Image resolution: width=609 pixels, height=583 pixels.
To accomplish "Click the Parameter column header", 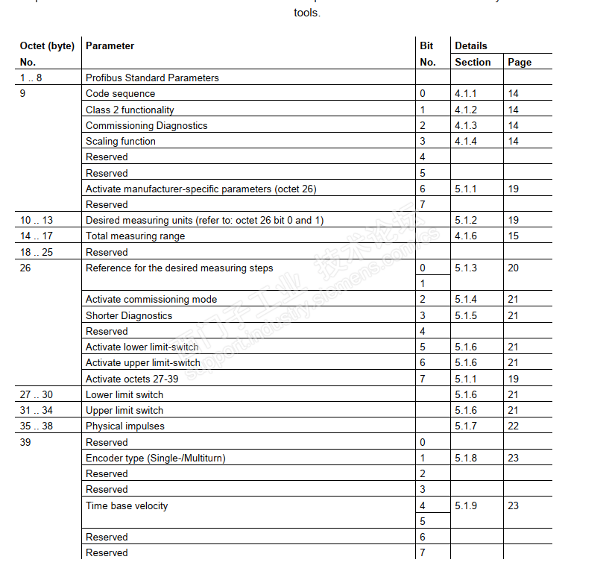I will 110,46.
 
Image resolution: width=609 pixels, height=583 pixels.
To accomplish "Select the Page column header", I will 520,63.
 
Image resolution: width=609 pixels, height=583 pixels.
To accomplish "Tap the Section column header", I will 473,63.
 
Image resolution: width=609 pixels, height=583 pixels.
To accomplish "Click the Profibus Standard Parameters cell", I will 152,78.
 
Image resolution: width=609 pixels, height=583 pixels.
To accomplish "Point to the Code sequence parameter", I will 121,94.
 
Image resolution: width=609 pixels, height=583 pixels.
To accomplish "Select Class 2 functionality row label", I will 130,110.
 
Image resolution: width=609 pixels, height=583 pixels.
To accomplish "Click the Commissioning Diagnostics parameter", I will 146,126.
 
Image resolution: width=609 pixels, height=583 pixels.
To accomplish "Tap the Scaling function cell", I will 121,142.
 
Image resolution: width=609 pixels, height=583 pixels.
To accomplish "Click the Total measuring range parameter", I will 135,236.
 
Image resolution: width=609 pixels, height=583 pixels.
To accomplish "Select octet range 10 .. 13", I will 37,221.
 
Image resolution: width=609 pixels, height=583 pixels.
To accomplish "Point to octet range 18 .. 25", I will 37,252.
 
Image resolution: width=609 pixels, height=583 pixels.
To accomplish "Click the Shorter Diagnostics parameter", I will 129,315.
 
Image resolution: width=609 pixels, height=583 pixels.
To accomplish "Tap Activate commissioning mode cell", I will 151,300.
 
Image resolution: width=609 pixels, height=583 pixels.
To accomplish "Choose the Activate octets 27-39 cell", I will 131,379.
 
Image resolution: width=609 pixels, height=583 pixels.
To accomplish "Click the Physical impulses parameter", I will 125,426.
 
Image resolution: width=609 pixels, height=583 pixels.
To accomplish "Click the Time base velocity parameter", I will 127,506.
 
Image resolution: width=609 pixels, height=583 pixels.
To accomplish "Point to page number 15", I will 514,236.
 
